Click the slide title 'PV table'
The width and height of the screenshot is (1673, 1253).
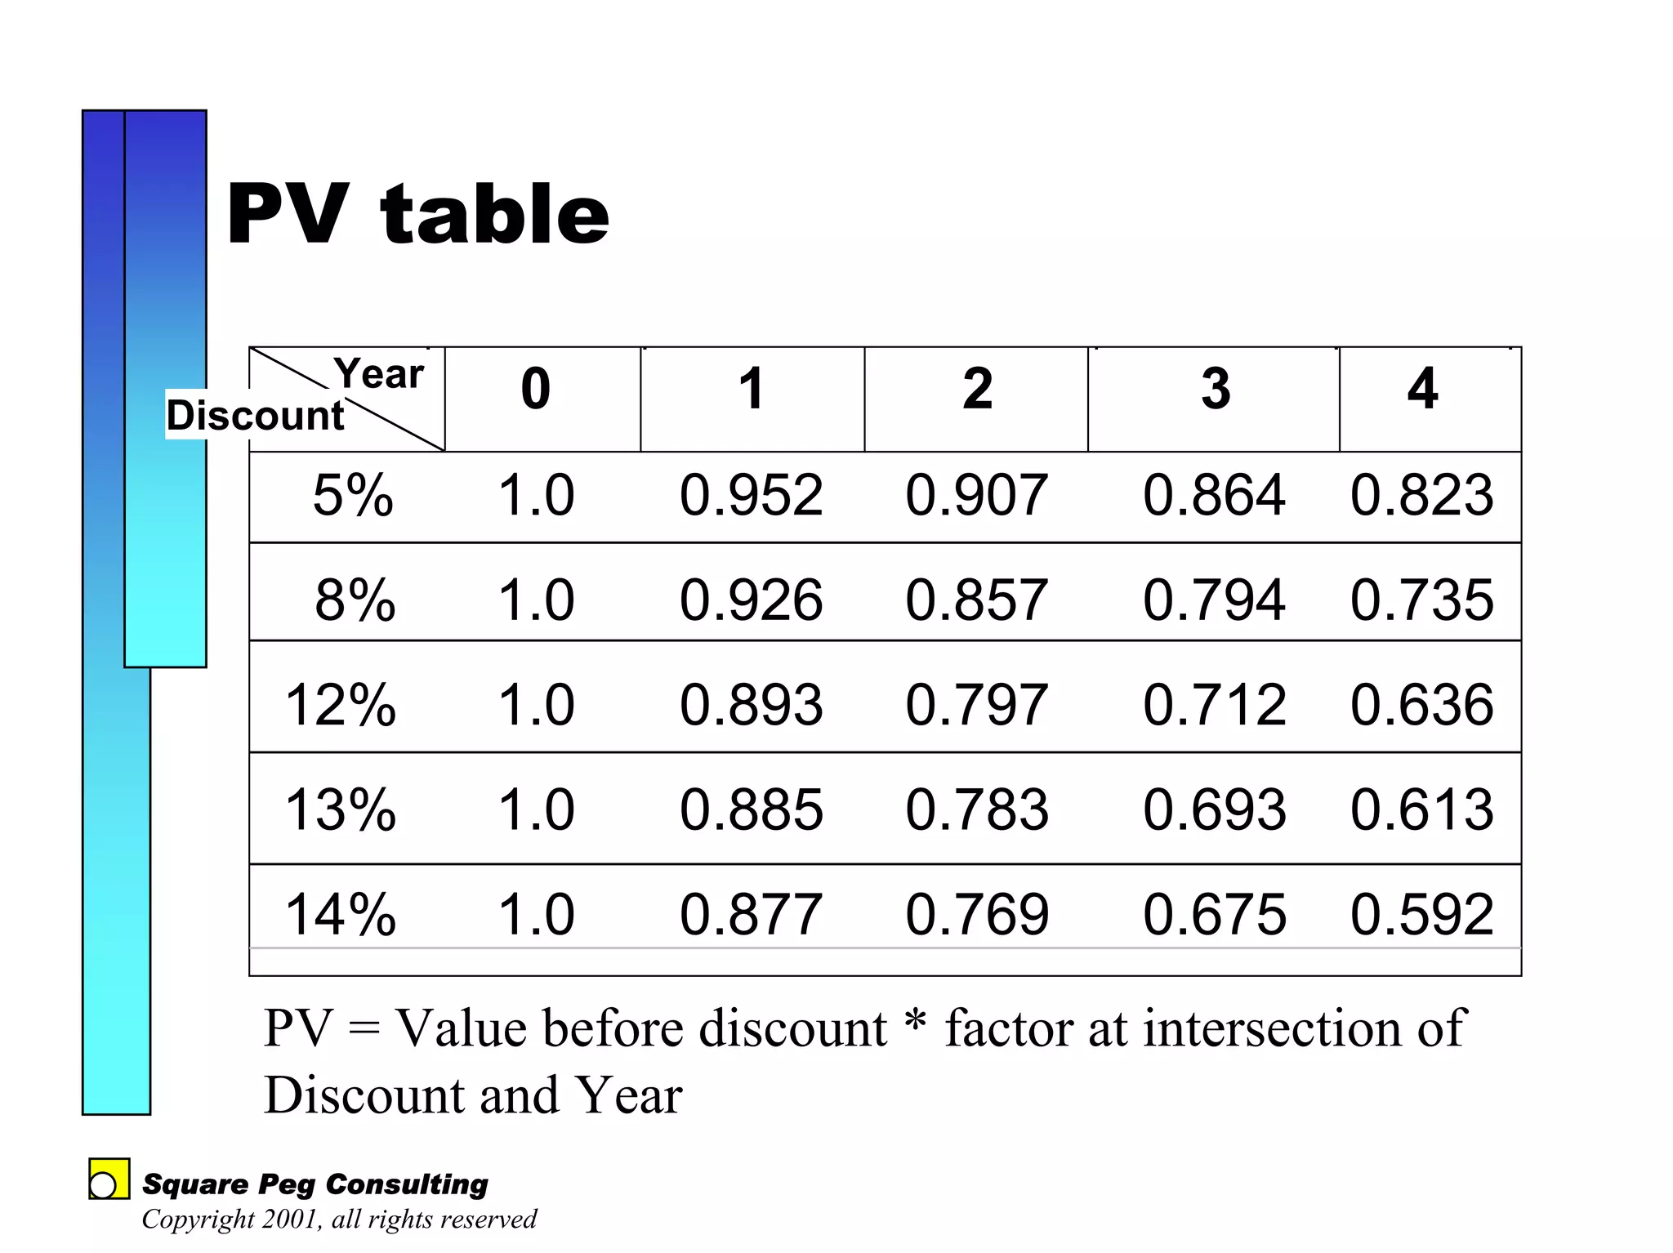417,214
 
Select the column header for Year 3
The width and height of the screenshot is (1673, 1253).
1216,389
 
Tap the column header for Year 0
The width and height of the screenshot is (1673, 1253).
536,389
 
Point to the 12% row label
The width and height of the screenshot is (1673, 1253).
341,704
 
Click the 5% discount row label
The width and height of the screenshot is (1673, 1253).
353,495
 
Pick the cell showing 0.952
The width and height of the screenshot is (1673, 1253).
751,495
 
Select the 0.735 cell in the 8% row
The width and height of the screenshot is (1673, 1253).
1421,600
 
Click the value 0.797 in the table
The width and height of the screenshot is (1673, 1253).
976,704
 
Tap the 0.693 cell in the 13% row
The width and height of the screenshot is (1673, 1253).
1215,809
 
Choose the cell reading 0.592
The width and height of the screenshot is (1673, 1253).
1421,914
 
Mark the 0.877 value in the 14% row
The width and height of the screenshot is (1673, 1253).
751,914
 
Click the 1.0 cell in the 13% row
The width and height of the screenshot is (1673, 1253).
536,809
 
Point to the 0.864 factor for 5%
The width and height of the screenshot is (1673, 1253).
1214,495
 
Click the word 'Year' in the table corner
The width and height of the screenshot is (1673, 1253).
379,374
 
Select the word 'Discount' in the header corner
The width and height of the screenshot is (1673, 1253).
256,416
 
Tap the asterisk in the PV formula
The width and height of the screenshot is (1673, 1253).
917,1021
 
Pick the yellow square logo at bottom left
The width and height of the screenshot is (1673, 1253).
109,1179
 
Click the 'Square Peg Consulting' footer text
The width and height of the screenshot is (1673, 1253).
315,1184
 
